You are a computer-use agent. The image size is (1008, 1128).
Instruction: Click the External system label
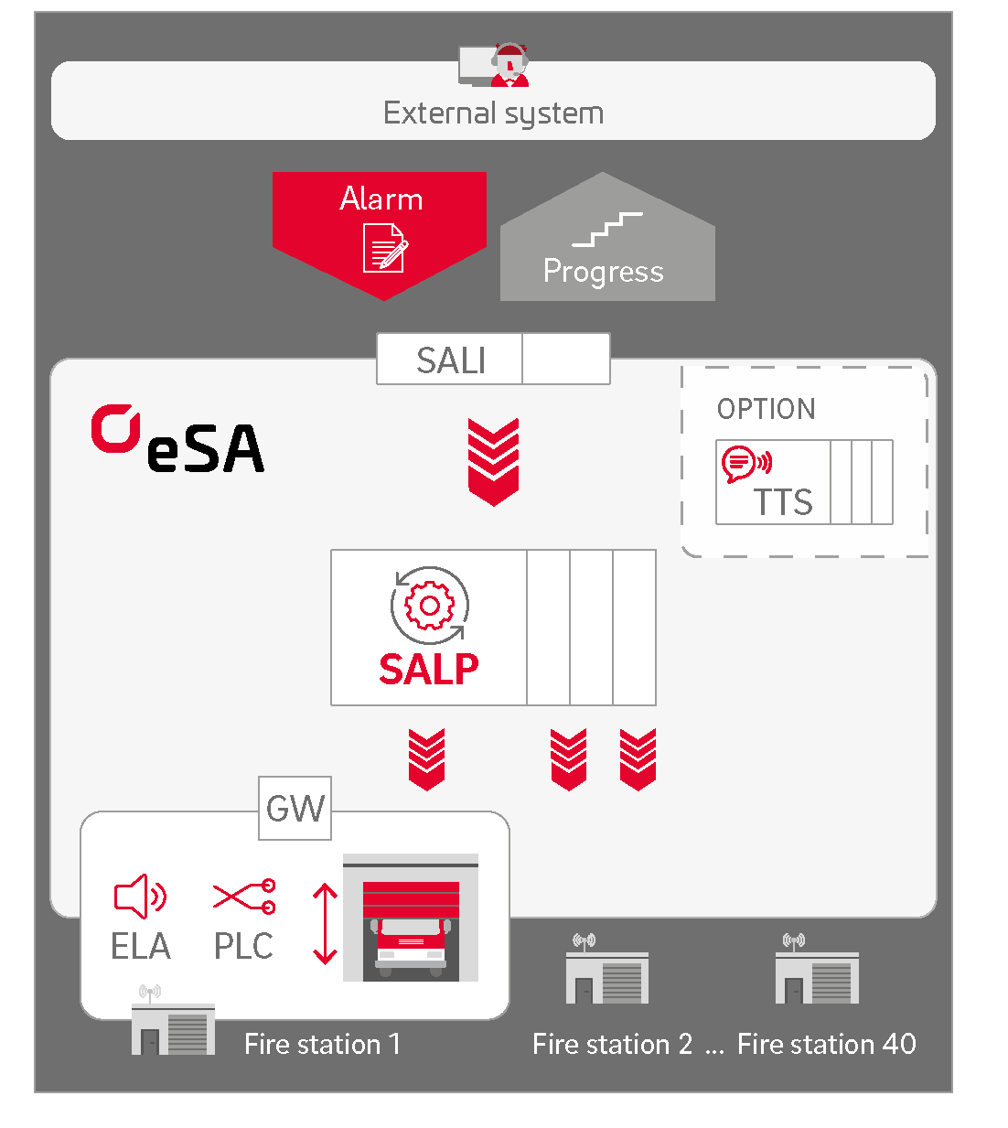pos(493,113)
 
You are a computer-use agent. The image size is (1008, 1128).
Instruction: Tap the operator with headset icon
pos(509,65)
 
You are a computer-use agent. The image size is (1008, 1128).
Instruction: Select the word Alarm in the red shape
pos(381,199)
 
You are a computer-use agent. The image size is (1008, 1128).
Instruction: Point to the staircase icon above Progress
pos(607,229)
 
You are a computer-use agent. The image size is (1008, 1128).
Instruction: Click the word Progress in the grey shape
pos(603,272)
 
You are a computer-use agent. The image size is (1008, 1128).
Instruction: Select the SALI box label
pos(451,360)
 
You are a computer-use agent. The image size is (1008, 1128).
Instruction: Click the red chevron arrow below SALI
pos(493,461)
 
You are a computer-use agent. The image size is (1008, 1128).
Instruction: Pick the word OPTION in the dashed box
pos(767,409)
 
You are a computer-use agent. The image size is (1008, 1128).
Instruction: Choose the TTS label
pos(783,502)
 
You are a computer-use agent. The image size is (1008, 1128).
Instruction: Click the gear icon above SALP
pos(429,605)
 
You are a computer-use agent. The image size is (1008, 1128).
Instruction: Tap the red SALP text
pos(429,670)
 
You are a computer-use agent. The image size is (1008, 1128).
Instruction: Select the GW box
pos(295,809)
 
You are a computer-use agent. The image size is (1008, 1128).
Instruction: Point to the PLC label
pos(243,946)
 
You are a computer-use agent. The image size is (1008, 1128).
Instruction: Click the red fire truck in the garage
pos(411,941)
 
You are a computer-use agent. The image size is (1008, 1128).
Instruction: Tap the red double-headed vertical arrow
pos(325,924)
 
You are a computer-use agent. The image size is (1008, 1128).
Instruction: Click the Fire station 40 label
pos(826,1044)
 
